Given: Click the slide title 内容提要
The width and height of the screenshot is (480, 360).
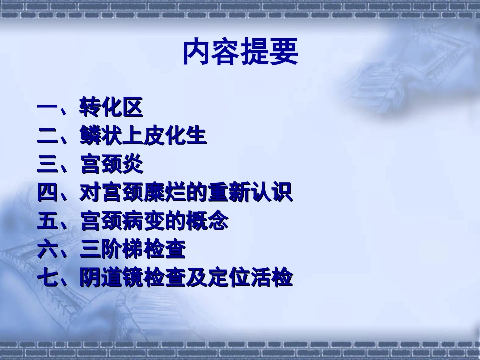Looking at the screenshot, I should [x=241, y=52].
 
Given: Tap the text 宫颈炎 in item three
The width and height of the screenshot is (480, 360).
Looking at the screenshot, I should [x=111, y=164].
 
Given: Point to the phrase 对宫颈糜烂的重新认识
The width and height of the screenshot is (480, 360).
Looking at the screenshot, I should [x=185, y=193].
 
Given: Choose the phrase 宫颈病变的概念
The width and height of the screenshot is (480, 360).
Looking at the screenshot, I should [x=154, y=221].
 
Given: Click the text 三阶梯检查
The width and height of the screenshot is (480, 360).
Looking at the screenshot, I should [x=132, y=249].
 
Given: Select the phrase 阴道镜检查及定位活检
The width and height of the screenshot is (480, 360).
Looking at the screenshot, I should [x=185, y=278].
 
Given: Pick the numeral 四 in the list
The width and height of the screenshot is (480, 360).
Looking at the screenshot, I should [x=49, y=193].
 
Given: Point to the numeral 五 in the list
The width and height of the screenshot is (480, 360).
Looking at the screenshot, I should [x=49, y=221].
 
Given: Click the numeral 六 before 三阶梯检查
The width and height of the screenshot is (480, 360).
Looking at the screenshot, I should [x=49, y=249].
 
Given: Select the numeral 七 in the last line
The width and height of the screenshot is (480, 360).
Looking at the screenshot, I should [x=49, y=278].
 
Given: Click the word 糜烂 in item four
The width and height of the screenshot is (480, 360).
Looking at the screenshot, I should [x=154, y=193].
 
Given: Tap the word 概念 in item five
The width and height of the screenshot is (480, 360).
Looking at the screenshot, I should [x=207, y=221].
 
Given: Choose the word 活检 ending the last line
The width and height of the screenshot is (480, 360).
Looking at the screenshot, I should [x=271, y=278].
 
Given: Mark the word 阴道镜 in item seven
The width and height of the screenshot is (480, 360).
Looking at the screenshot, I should [x=111, y=278].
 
